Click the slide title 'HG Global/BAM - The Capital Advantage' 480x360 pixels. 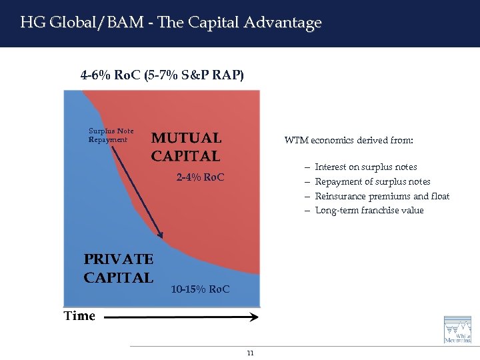[x=171, y=23]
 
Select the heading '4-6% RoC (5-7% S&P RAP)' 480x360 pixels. [x=162, y=75]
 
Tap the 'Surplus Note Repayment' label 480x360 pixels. [x=111, y=135]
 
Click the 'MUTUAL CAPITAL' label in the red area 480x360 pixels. [x=186, y=147]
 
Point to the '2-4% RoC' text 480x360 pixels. [x=200, y=178]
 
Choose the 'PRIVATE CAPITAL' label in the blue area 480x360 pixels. [x=119, y=268]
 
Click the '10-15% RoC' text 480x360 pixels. [x=200, y=289]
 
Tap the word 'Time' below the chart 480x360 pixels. [x=79, y=316]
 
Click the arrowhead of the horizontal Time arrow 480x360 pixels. [x=255, y=318]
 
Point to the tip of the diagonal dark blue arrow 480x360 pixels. [x=161, y=235]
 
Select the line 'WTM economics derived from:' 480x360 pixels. [x=349, y=141]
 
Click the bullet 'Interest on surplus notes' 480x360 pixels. [x=366, y=167]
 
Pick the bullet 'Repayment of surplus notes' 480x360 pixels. [x=373, y=181]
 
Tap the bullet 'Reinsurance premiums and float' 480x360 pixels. [x=382, y=196]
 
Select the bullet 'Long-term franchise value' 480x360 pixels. [x=369, y=211]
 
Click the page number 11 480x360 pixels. [x=250, y=353]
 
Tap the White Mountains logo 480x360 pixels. [x=457, y=329]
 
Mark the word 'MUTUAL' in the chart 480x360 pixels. [x=186, y=138]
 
